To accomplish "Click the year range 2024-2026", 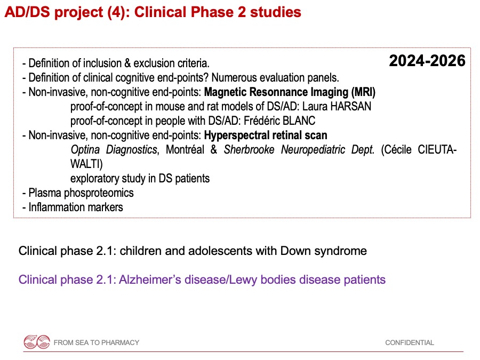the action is [x=427, y=61].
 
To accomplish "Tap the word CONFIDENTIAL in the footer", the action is [x=409, y=342].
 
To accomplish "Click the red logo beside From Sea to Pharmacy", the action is [x=37, y=342].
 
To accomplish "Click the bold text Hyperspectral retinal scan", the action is [x=266, y=135].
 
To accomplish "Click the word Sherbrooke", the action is [x=249, y=150].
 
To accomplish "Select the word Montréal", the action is [x=185, y=150].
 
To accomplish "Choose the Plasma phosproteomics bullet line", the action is [x=78, y=193].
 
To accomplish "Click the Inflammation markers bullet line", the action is [x=73, y=207].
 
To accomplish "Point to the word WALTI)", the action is [x=86, y=164].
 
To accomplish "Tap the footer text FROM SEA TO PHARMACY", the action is [x=97, y=342].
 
